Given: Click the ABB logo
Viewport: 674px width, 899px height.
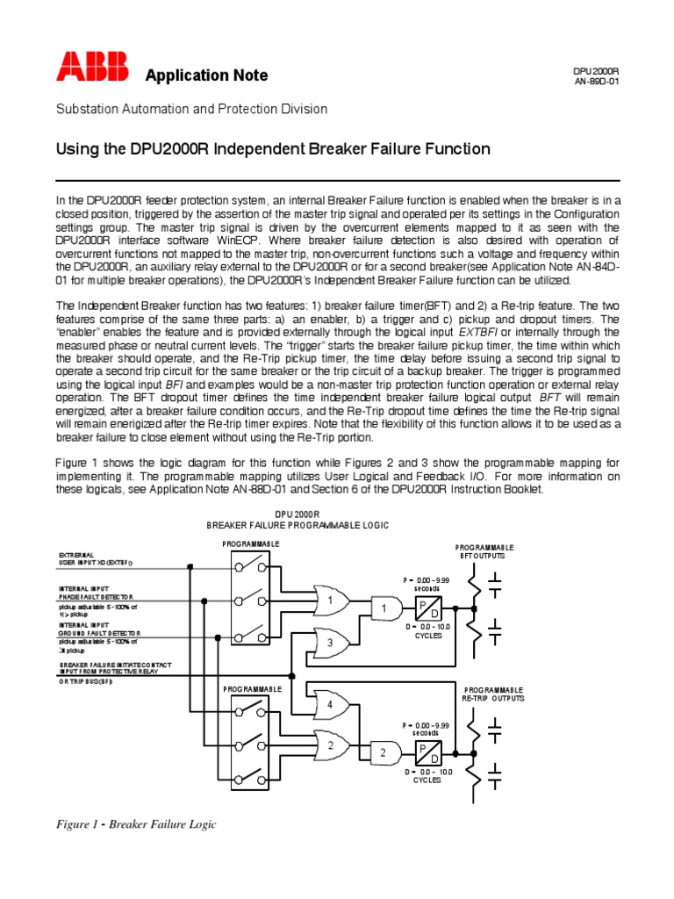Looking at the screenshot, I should tap(93, 68).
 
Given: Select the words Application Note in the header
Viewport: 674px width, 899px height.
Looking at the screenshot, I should tap(206, 76).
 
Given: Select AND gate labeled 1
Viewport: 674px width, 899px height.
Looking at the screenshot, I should tap(385, 608).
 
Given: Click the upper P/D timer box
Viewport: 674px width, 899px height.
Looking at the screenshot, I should tap(428, 608).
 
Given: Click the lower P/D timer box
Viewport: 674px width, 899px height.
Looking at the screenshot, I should tap(428, 753).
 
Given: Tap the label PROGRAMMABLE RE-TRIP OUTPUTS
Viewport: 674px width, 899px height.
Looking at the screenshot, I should tap(493, 694).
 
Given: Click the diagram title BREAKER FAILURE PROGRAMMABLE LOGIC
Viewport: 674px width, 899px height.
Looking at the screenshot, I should tap(297, 524).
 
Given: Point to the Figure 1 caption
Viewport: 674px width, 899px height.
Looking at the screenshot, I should tap(136, 824).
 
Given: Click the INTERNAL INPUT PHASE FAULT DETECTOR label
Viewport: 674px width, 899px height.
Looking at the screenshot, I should tap(98, 593).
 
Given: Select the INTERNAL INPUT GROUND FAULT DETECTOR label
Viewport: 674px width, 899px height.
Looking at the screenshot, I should tap(99, 628).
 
